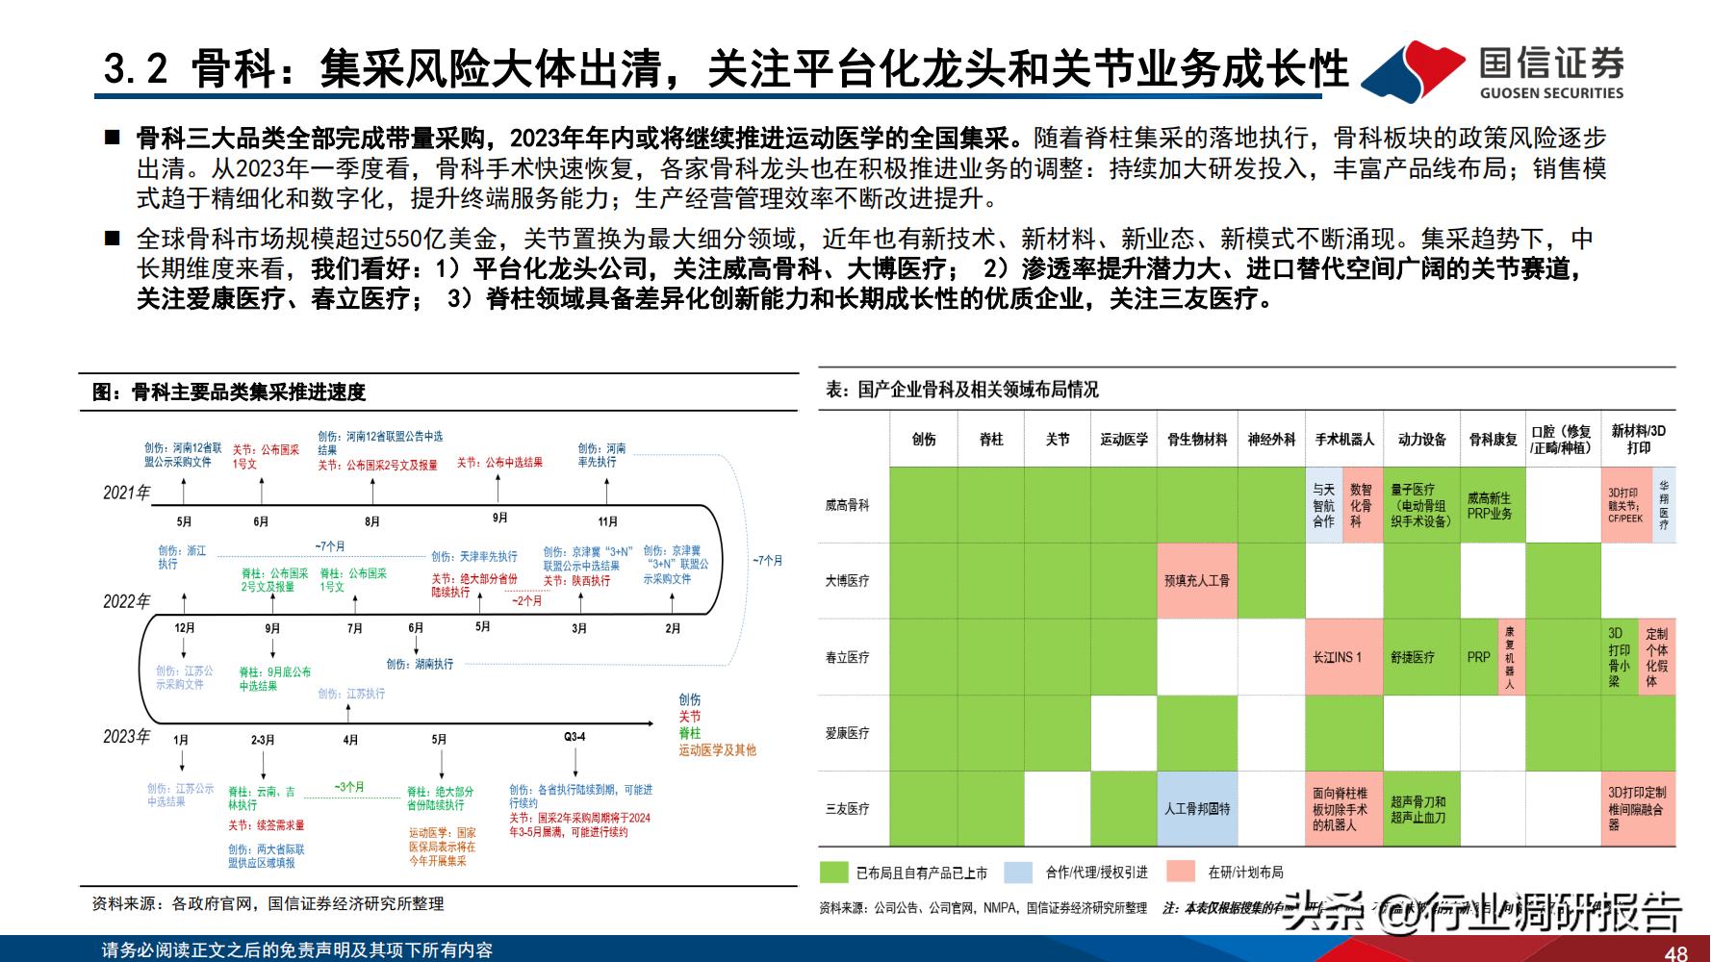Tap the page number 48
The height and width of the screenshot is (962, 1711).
pyautogui.click(x=1675, y=952)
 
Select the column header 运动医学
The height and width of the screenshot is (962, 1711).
pyautogui.click(x=1124, y=439)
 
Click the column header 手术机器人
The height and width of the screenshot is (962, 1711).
pyautogui.click(x=1344, y=439)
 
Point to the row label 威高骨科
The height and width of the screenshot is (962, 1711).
pyautogui.click(x=848, y=505)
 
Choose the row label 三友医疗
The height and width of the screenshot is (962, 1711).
pyautogui.click(x=848, y=808)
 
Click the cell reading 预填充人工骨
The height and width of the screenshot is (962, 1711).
pyautogui.click(x=1196, y=580)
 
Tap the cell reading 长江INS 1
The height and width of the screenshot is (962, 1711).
pyautogui.click(x=1338, y=657)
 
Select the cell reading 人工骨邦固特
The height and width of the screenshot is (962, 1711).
pyautogui.click(x=1196, y=808)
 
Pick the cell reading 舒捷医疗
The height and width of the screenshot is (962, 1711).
pyautogui.click(x=1412, y=657)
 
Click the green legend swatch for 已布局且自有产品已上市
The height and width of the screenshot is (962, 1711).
pyautogui.click(x=833, y=872)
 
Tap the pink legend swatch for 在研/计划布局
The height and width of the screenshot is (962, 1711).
pyautogui.click(x=1180, y=872)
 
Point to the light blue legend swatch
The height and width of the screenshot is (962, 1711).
pyautogui.click(x=1018, y=872)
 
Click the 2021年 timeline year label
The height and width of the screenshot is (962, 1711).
pyautogui.click(x=127, y=493)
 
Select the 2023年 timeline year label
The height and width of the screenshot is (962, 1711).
pyautogui.click(x=127, y=736)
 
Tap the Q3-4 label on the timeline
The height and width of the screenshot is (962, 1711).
pyautogui.click(x=575, y=737)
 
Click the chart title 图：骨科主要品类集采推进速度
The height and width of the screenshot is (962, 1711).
pyautogui.click(x=229, y=392)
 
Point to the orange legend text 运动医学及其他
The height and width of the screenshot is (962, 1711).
pyautogui.click(x=717, y=749)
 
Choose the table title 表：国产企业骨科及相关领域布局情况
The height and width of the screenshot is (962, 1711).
pyautogui.click(x=961, y=390)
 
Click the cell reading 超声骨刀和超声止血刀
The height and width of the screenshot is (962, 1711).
pyautogui.click(x=1417, y=808)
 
